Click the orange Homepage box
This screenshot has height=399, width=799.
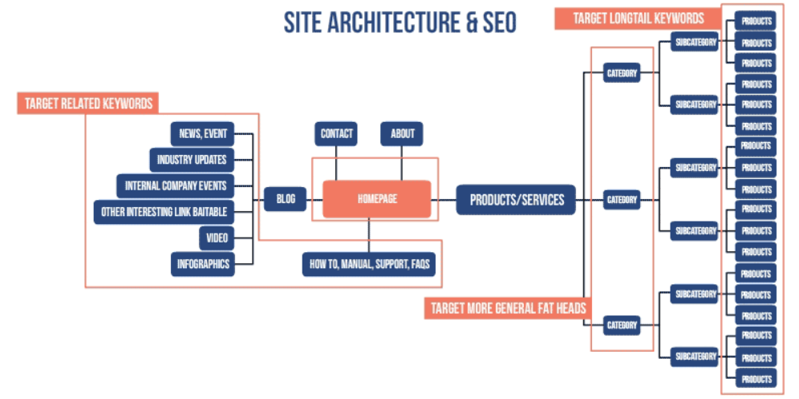(x=377, y=199)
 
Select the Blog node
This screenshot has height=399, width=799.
(x=286, y=199)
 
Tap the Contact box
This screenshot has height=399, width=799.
(x=336, y=134)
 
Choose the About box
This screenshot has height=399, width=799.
(x=402, y=134)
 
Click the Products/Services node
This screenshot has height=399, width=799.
(x=516, y=199)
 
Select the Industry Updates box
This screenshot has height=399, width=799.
(x=192, y=160)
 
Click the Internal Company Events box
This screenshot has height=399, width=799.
(x=176, y=186)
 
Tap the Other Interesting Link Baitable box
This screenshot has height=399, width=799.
(x=164, y=213)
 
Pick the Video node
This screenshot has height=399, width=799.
(x=217, y=238)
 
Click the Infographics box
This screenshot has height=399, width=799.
(x=203, y=263)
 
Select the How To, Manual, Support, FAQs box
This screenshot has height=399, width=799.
(x=369, y=263)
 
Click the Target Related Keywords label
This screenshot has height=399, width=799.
(x=88, y=104)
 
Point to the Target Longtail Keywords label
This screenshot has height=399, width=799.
(x=639, y=18)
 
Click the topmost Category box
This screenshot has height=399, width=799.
(x=622, y=74)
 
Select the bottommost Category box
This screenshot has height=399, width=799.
(x=622, y=325)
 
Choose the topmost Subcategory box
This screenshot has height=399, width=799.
(x=696, y=43)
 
